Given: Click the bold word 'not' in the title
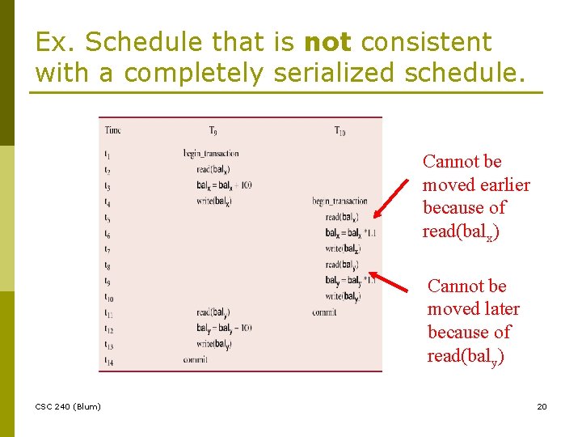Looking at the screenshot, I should tap(327, 42).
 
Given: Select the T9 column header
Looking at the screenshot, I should tap(212, 130).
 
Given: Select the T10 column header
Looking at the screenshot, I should tap(339, 130).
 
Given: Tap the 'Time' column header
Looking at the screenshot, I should tap(112, 130).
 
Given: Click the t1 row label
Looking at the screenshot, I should tap(108, 154).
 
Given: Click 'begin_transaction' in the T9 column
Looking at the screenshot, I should tap(210, 154).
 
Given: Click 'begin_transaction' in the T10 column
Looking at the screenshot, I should tap(339, 202).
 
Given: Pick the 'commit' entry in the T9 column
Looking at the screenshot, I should tap(195, 359).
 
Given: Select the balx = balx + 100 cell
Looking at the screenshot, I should tap(224, 185).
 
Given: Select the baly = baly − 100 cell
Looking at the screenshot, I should tap(224, 328).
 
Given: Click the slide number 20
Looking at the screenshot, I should tap(542, 406).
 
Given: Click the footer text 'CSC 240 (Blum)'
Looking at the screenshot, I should tap(68, 406).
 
